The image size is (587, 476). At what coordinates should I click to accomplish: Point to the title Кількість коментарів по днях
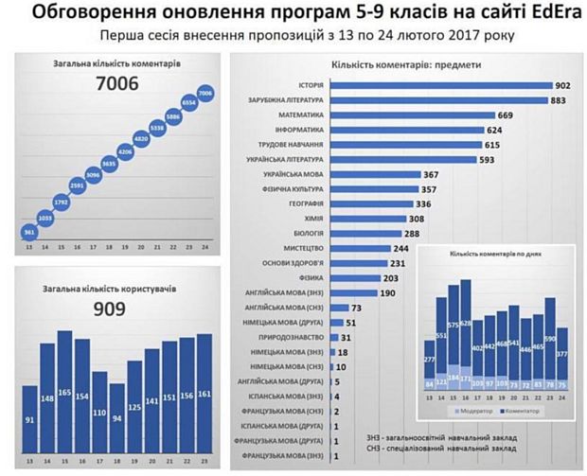(500, 257)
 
